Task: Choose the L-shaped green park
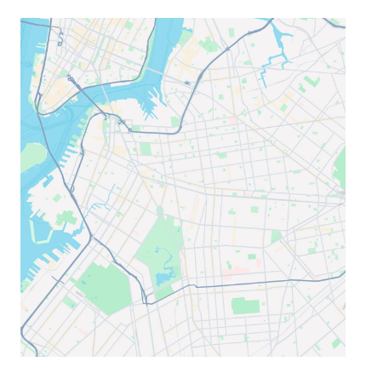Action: click(x=312, y=81)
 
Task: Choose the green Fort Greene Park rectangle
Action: click(x=146, y=148)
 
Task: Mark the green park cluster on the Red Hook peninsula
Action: click(x=65, y=216)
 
